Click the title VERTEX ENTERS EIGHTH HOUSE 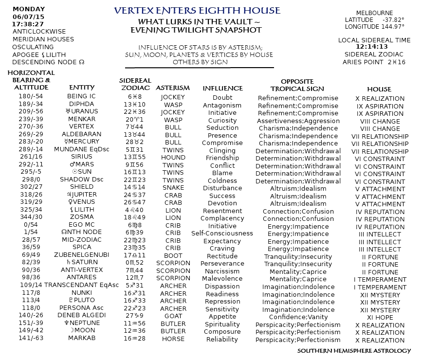(197, 10)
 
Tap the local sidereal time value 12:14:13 (374, 47)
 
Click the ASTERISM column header (173, 88)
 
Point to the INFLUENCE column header (222, 88)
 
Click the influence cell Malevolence (222, 278)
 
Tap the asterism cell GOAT (173, 315)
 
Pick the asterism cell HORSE (173, 339)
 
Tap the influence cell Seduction (222, 127)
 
